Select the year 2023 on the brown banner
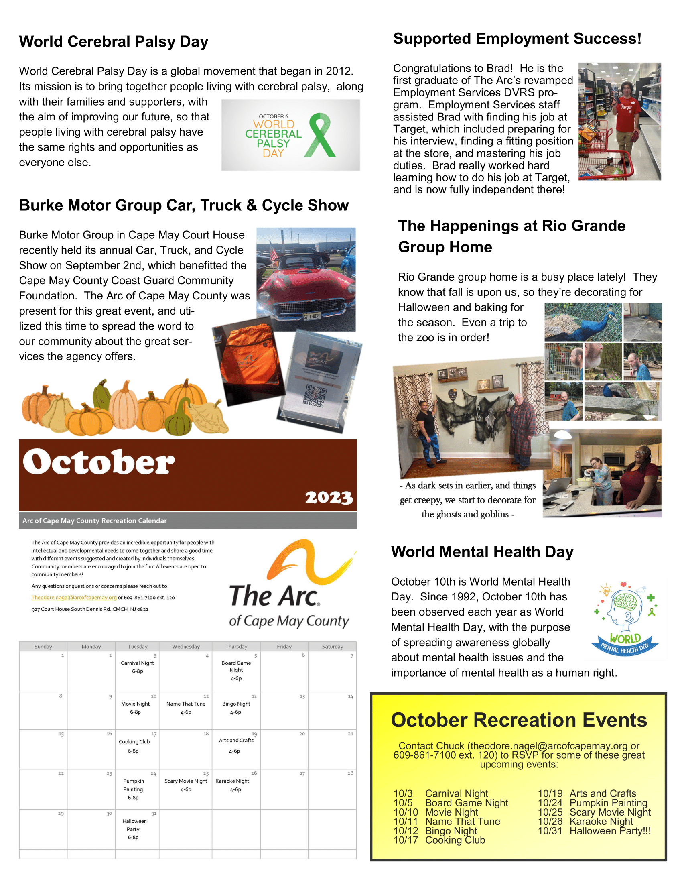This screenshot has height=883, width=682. tap(329, 497)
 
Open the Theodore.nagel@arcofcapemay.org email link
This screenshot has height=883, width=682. tap(74, 598)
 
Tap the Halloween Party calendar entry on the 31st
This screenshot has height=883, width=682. tap(134, 829)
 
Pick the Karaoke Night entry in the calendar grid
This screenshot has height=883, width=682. tap(232, 781)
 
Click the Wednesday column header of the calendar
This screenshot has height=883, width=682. tap(186, 647)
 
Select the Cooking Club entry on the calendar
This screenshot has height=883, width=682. tap(134, 741)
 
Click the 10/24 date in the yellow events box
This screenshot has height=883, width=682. tap(550, 803)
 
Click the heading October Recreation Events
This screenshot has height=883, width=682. tap(519, 720)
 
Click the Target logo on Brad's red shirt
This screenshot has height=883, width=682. tap(627, 108)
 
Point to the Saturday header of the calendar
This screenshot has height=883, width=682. tap(332, 647)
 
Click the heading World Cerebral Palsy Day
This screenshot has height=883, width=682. tap(114, 42)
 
